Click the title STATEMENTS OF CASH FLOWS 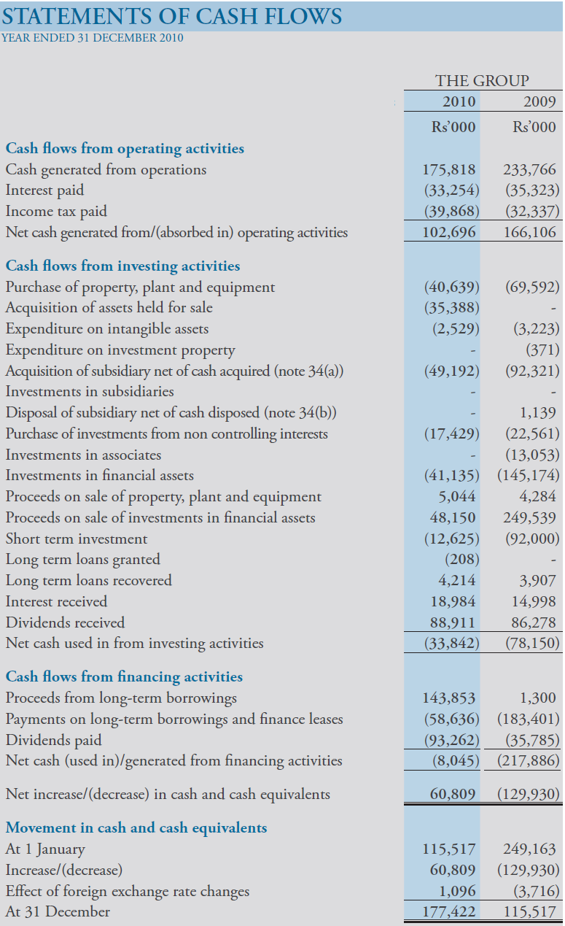click(172, 16)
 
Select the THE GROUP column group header click(482, 81)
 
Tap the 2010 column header click(459, 102)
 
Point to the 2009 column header click(539, 102)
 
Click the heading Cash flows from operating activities click(125, 148)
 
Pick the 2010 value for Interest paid click(451, 190)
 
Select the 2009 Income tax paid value click(532, 212)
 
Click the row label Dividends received click(65, 622)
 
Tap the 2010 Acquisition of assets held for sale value click(451, 308)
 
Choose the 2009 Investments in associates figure click(532, 455)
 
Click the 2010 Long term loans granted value click(461, 560)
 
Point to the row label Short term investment click(77, 539)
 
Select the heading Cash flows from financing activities click(124, 676)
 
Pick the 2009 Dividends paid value click(532, 740)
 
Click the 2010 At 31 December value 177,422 click(450, 911)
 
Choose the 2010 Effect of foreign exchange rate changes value click(458, 891)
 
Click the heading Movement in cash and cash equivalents click(136, 827)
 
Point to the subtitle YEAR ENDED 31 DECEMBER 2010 click(93, 38)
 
